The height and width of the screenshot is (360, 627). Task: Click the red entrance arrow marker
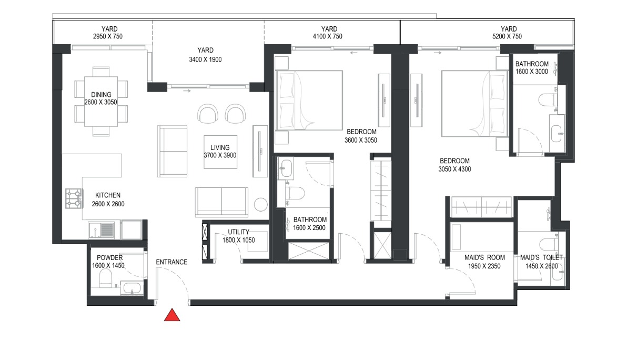(172, 315)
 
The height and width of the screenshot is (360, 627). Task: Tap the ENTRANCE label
(171, 262)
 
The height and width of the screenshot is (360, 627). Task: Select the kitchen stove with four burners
(74, 198)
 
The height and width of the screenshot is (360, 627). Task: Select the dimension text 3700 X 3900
(220, 155)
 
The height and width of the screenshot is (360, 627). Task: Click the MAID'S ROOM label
(484, 258)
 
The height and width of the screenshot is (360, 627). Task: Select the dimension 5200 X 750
(508, 36)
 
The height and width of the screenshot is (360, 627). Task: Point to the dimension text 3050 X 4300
(454, 169)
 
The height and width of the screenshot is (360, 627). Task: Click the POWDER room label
(109, 258)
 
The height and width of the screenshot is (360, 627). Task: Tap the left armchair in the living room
(206, 113)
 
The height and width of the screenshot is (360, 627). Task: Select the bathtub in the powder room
(130, 287)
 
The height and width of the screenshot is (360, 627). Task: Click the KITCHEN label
(108, 195)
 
